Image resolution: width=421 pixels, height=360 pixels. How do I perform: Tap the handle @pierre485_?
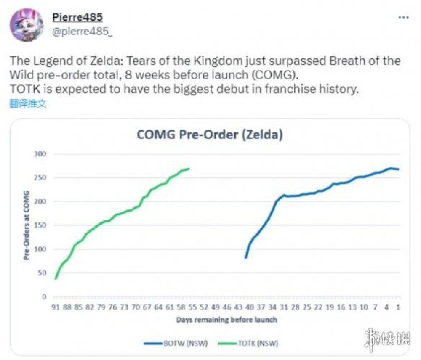tap(82, 33)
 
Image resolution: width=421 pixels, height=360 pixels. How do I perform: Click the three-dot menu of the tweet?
tap(403, 17)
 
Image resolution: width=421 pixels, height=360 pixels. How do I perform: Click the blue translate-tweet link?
tap(28, 104)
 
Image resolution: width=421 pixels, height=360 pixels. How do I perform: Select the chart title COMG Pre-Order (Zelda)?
tap(209, 135)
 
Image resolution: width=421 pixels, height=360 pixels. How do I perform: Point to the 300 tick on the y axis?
tap(40, 154)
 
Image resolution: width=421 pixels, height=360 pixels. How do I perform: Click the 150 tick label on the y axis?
tap(40, 225)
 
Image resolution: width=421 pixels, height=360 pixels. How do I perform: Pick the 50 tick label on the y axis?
tap(42, 273)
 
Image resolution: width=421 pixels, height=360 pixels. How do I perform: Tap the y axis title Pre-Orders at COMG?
tap(27, 225)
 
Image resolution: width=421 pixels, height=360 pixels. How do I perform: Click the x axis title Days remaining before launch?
tap(226, 320)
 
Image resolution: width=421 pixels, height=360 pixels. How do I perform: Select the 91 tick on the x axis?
tap(55, 307)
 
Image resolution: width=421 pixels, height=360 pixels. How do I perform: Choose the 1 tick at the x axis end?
tap(397, 307)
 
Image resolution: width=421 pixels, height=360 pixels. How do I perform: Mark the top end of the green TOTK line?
tap(189, 169)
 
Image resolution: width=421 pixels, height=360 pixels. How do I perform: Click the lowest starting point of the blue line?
tap(245, 257)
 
